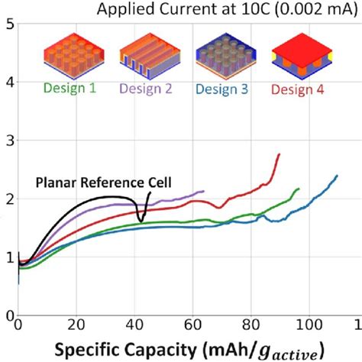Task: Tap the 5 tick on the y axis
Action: pos(8,24)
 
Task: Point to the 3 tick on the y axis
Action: pos(8,141)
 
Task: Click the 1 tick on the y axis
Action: pos(8,257)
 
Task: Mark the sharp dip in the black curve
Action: pos(140,221)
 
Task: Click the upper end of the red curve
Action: pos(280,154)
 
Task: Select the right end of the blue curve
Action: pos(337,176)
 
